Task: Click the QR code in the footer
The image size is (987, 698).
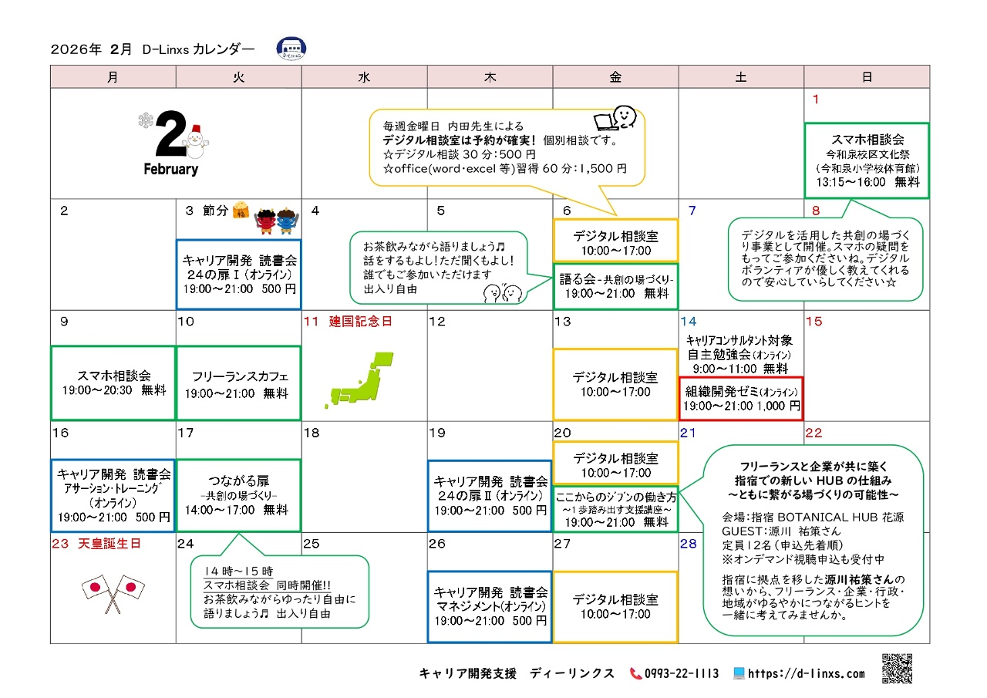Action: point(897,669)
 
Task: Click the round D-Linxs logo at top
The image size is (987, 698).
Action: point(291,49)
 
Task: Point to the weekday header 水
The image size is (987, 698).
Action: point(364,77)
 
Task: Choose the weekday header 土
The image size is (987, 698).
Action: point(741,77)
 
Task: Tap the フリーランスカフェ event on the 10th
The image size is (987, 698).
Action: point(238,384)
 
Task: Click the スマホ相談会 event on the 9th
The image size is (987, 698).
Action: point(113,383)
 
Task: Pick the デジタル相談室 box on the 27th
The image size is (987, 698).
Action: point(615,606)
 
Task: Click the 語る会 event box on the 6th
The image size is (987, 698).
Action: point(615,286)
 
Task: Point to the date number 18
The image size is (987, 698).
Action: point(312,433)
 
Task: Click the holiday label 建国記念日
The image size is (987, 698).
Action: point(360,322)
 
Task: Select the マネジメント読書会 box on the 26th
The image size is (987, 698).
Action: point(490,606)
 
